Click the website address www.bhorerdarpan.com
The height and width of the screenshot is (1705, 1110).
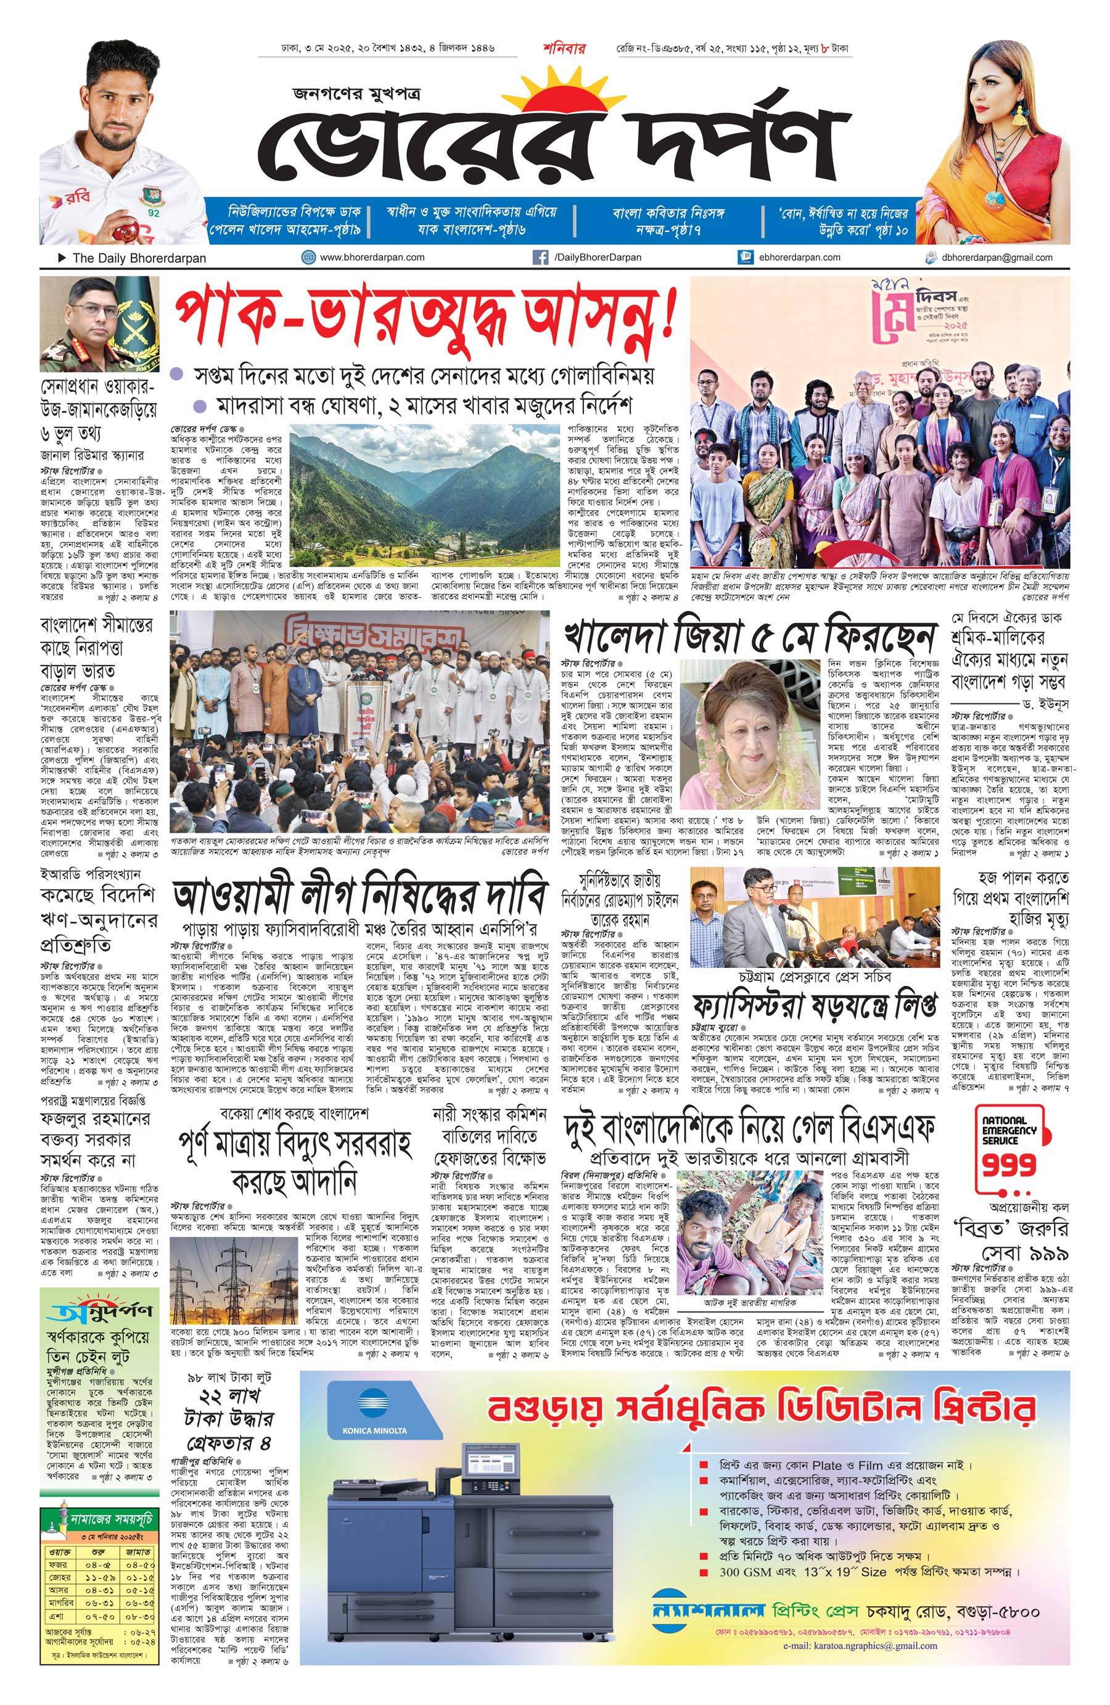(372, 257)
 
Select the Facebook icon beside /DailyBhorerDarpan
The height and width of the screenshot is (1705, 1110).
(541, 257)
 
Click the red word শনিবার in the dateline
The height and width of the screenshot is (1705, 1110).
(564, 49)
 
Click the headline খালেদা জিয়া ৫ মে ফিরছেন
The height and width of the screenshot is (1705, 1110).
(750, 635)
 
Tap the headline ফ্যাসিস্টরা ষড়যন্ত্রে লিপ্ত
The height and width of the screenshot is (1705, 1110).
(813, 1007)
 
